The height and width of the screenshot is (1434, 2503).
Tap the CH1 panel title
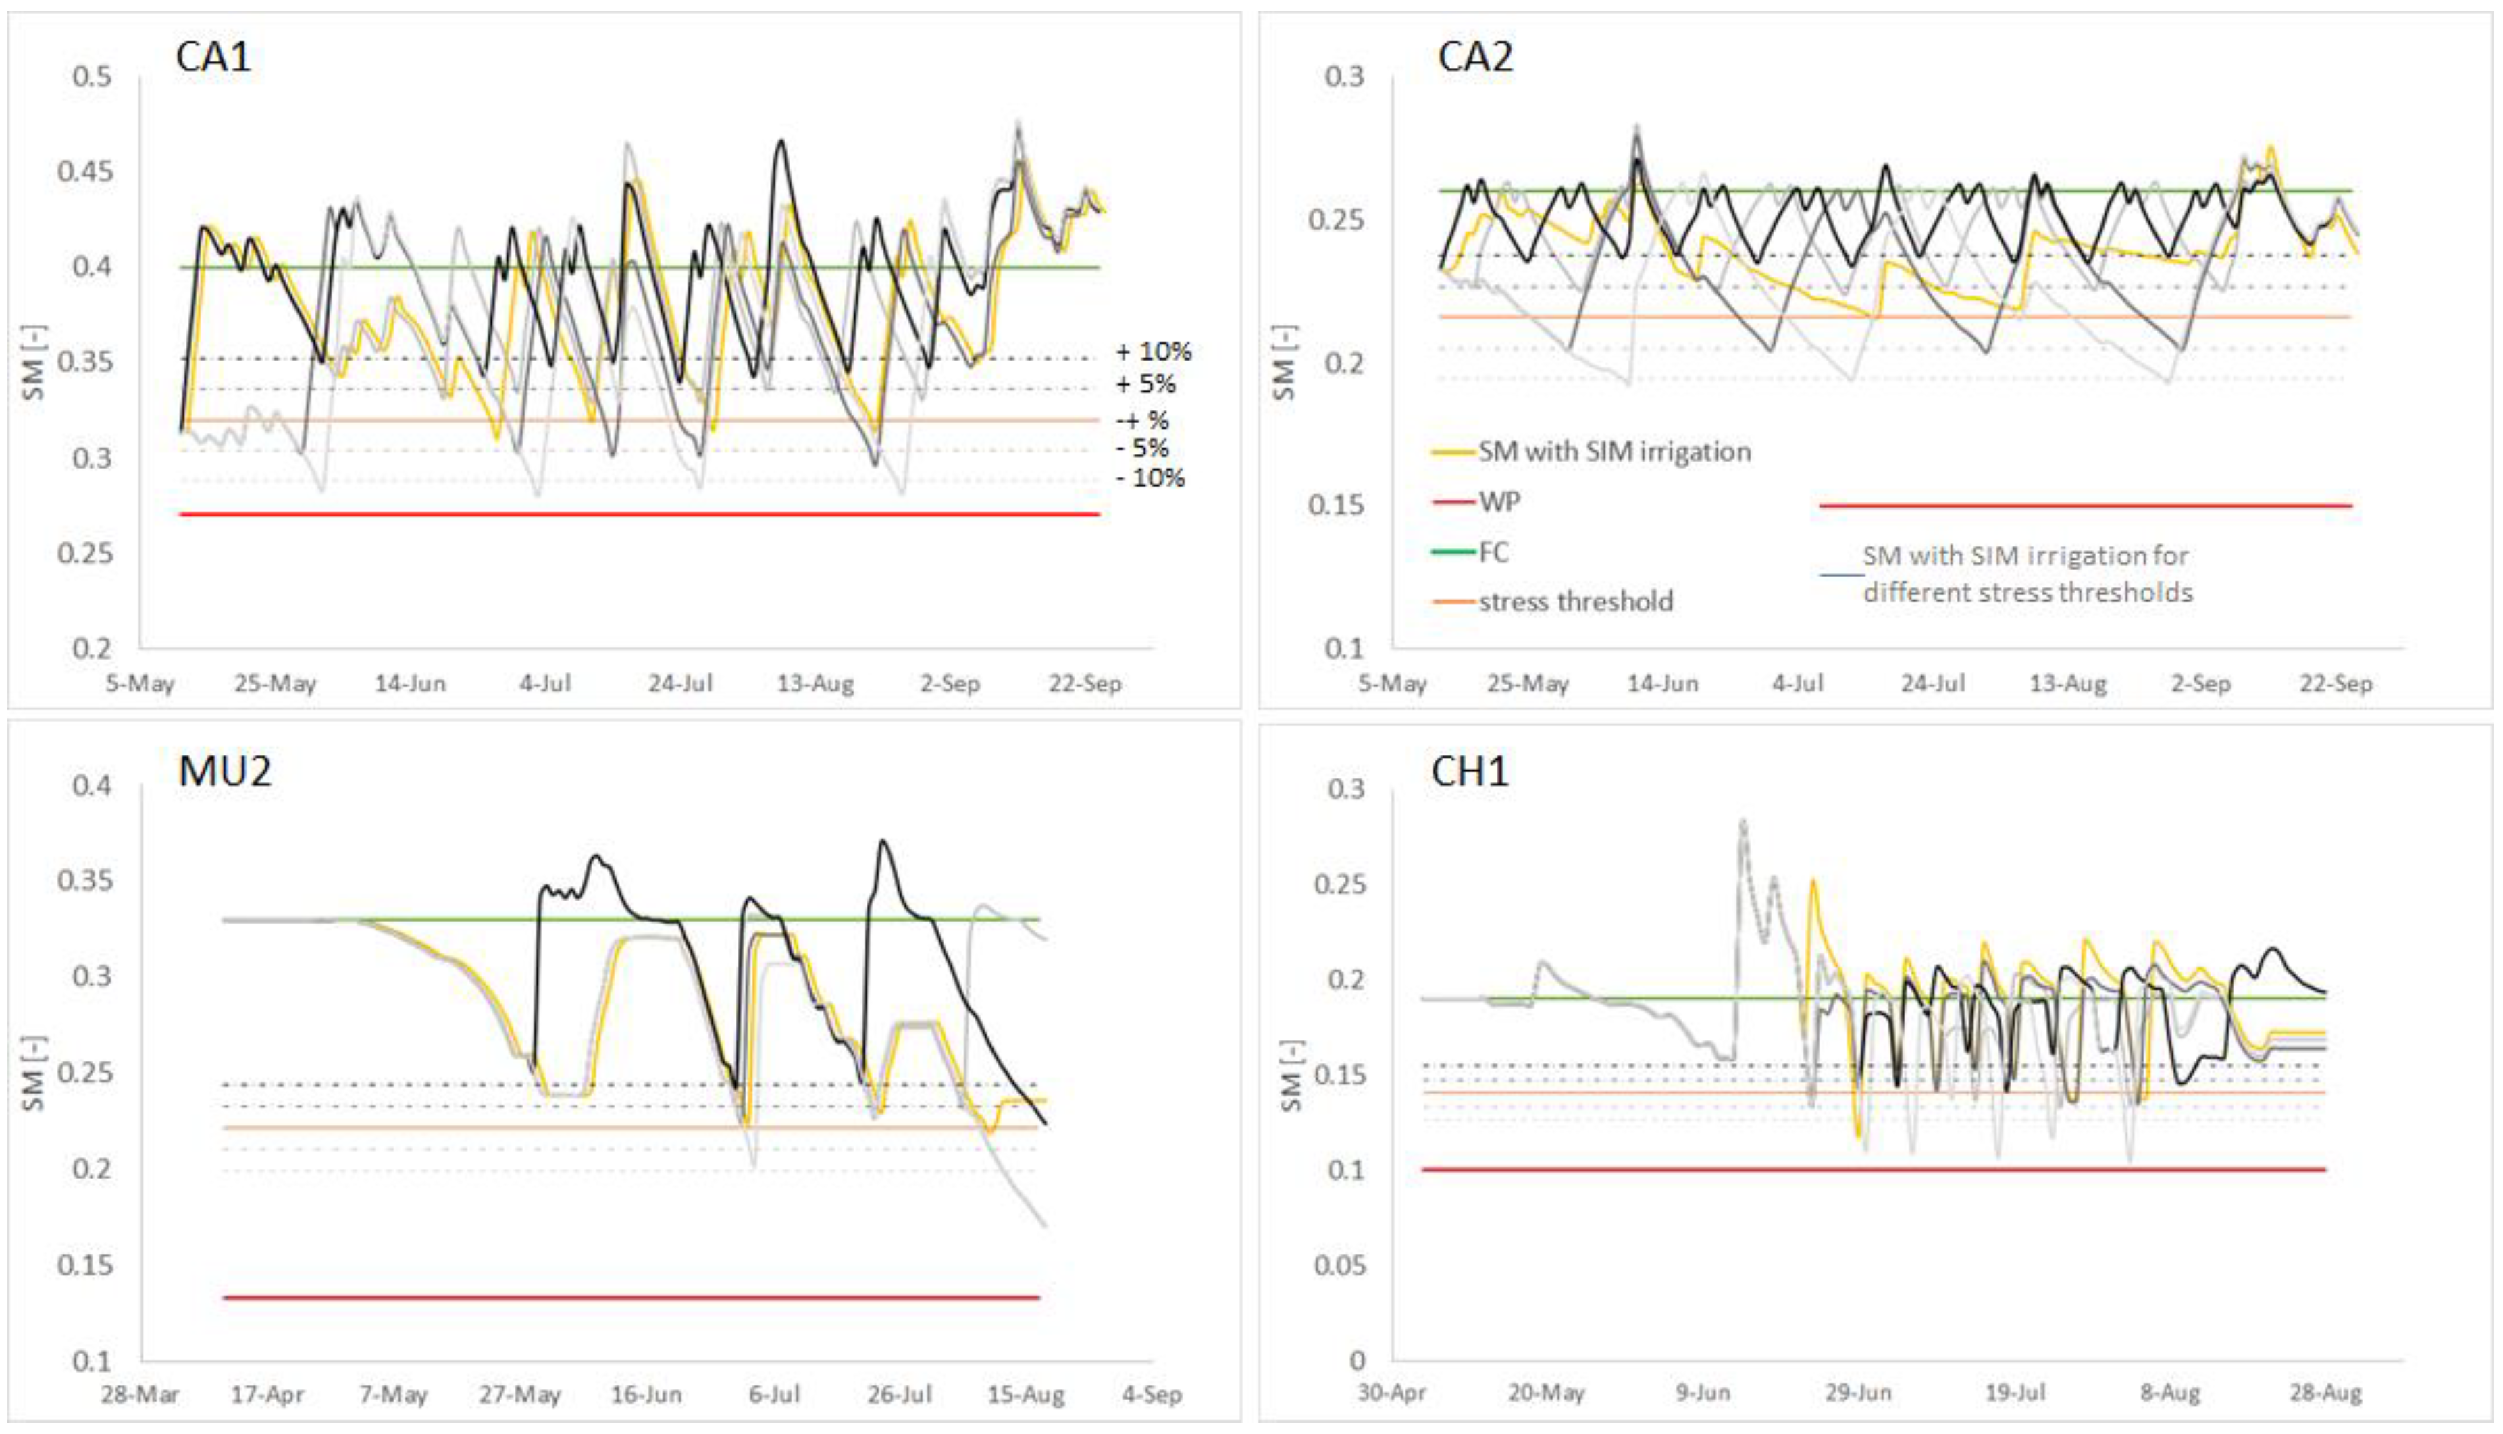(1470, 771)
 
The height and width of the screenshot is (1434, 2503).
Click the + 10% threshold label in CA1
(1152, 352)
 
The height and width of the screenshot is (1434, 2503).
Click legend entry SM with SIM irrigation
(1614, 452)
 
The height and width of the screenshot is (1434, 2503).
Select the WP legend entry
(1498, 502)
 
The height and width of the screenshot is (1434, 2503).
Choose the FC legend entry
(1493, 552)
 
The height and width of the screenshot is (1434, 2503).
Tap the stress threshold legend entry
(1575, 602)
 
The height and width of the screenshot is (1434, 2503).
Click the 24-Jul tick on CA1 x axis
(679, 683)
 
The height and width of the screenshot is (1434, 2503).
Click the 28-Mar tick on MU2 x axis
(140, 1396)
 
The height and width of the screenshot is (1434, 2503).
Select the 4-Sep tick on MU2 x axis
(1152, 1396)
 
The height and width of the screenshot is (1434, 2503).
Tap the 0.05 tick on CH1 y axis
(1340, 1266)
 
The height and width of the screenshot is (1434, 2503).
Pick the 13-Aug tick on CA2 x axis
(2067, 683)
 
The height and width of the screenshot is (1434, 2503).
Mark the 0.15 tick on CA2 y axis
(1336, 505)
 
